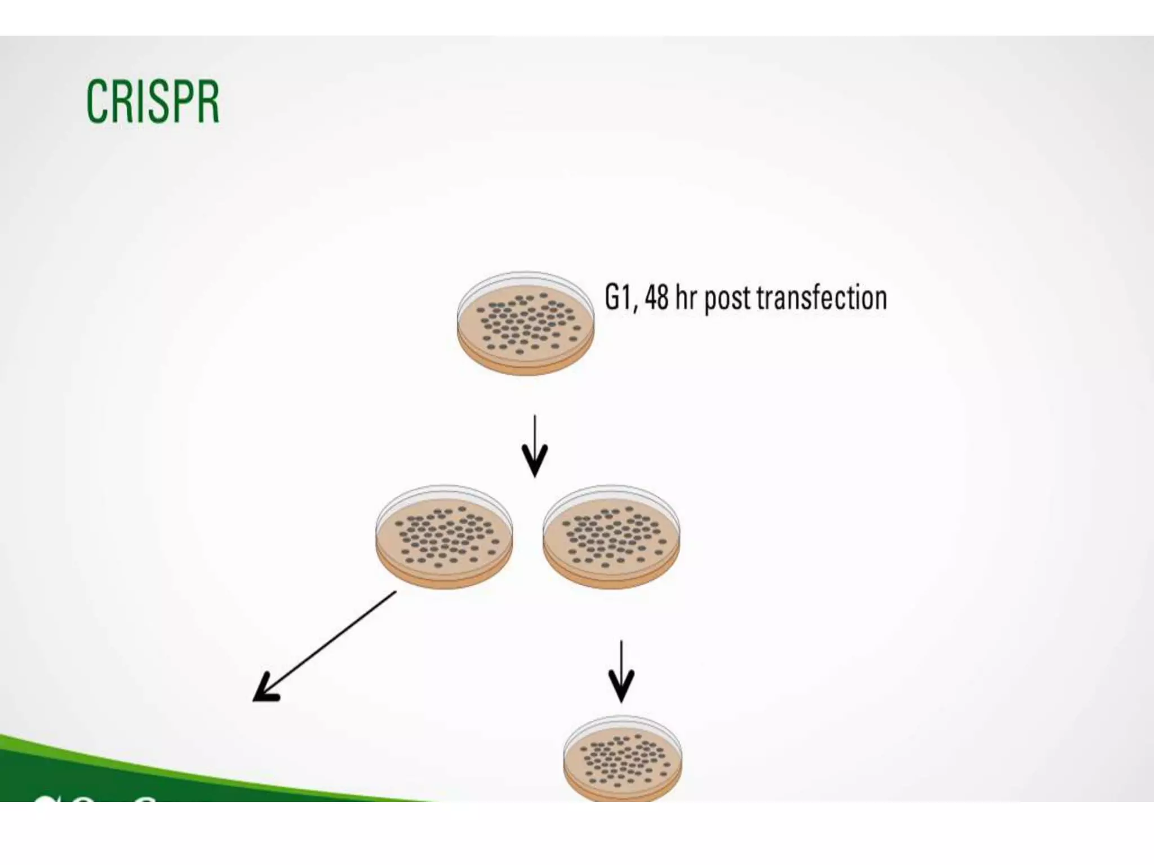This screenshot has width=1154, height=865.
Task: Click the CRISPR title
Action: tap(152, 101)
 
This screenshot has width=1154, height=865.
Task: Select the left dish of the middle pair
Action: tap(444, 536)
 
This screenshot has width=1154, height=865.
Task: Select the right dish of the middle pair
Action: tap(611, 536)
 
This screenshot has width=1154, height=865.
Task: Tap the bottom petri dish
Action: tap(623, 757)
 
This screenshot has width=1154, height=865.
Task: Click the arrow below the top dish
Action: tap(535, 445)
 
